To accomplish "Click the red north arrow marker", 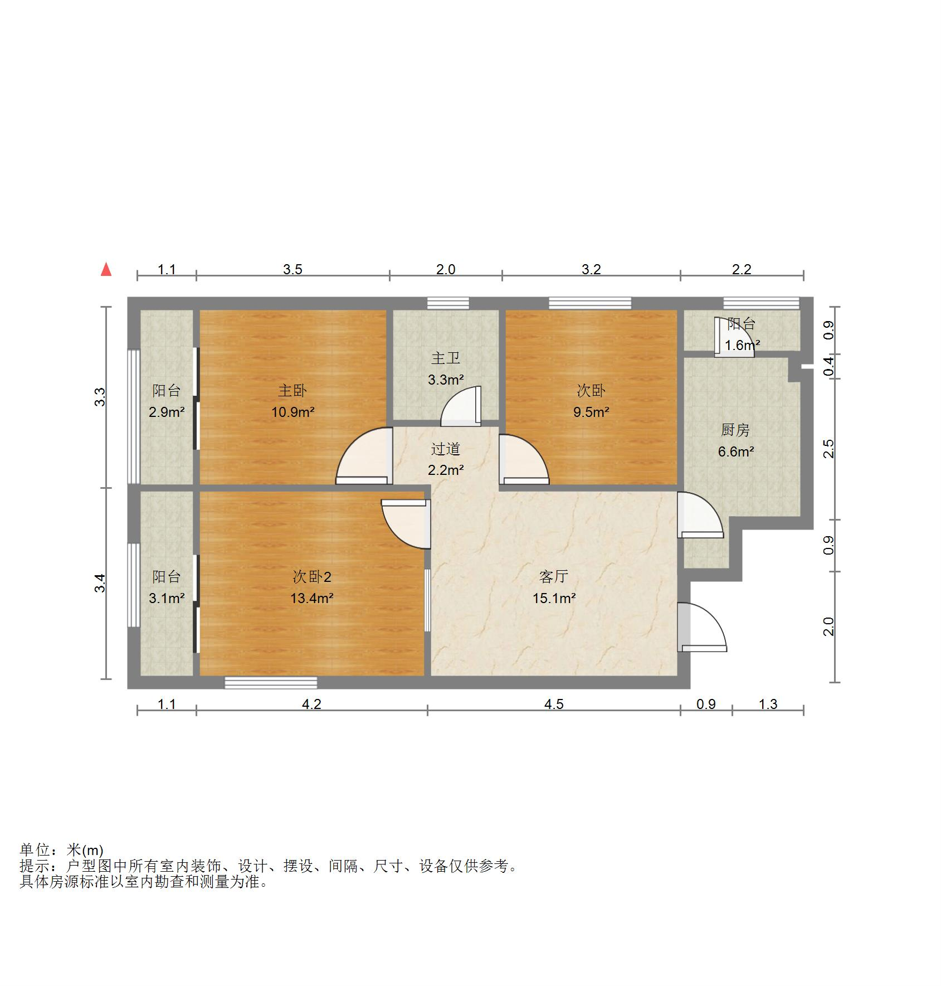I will tap(106, 270).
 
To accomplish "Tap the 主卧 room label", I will tap(292, 391).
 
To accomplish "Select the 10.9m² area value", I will tap(292, 412).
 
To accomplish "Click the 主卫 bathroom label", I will tap(445, 358).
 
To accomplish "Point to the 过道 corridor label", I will tap(445, 449).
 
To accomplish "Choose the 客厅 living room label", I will tap(553, 576).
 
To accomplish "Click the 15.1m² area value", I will tap(553, 599).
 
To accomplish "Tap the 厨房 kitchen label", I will tap(735, 430).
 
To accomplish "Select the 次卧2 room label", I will tap(311, 576).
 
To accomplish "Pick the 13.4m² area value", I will tap(311, 599).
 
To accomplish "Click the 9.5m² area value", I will tap(591, 412).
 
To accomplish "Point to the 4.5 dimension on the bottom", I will tap(553, 704).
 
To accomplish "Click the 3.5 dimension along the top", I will tap(292, 270).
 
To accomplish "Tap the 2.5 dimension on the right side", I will tap(829, 449).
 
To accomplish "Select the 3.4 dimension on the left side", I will tap(100, 583).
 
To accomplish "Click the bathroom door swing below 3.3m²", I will tap(461, 407).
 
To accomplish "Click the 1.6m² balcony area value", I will tap(742, 346).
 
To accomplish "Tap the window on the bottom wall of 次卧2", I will tap(271, 682).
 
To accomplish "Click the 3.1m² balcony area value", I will tap(166, 599).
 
